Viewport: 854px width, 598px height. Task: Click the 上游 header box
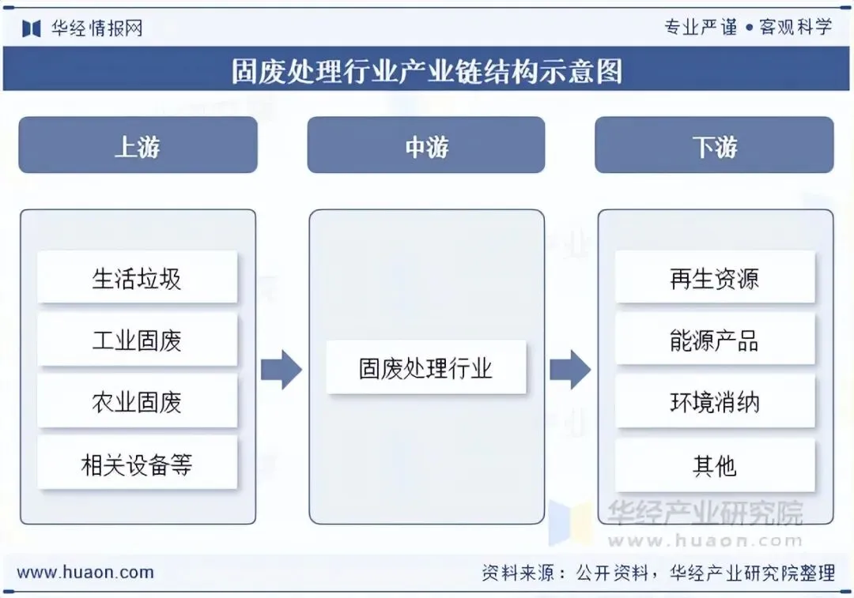coord(138,145)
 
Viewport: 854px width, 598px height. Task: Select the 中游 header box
coord(426,145)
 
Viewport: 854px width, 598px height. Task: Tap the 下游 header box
coord(714,145)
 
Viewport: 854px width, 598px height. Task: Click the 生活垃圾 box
coord(138,277)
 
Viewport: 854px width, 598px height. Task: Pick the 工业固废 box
coord(138,340)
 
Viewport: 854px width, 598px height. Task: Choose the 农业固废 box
coord(138,401)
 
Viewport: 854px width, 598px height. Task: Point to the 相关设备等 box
coord(138,464)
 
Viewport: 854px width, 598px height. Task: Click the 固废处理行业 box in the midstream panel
coord(426,367)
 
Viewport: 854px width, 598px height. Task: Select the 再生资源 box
coord(715,277)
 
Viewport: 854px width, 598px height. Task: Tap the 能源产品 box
coord(715,340)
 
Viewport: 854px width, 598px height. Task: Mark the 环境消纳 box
coord(715,401)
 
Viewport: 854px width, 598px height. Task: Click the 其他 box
coord(715,464)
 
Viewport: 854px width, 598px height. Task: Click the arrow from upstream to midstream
coord(281,370)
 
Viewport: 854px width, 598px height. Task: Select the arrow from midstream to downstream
coord(569,370)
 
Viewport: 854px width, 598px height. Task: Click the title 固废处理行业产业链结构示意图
coord(427,71)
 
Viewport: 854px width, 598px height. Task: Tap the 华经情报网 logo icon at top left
coord(32,28)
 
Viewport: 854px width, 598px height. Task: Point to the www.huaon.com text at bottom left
coord(85,573)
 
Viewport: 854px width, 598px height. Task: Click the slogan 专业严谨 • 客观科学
coord(748,27)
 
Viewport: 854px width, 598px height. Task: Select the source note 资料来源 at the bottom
coord(659,573)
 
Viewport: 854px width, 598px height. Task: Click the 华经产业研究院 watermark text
coord(705,513)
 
